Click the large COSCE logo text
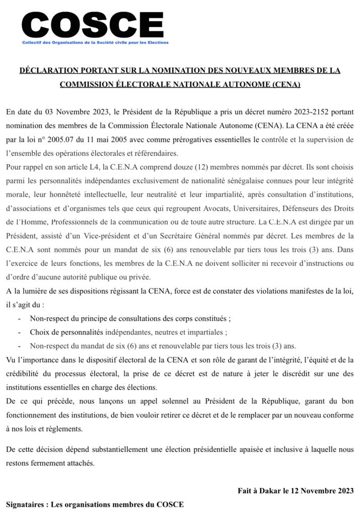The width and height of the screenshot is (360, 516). point(93,24)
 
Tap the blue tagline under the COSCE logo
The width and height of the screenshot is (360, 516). point(95,42)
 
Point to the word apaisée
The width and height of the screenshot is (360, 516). point(243,448)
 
